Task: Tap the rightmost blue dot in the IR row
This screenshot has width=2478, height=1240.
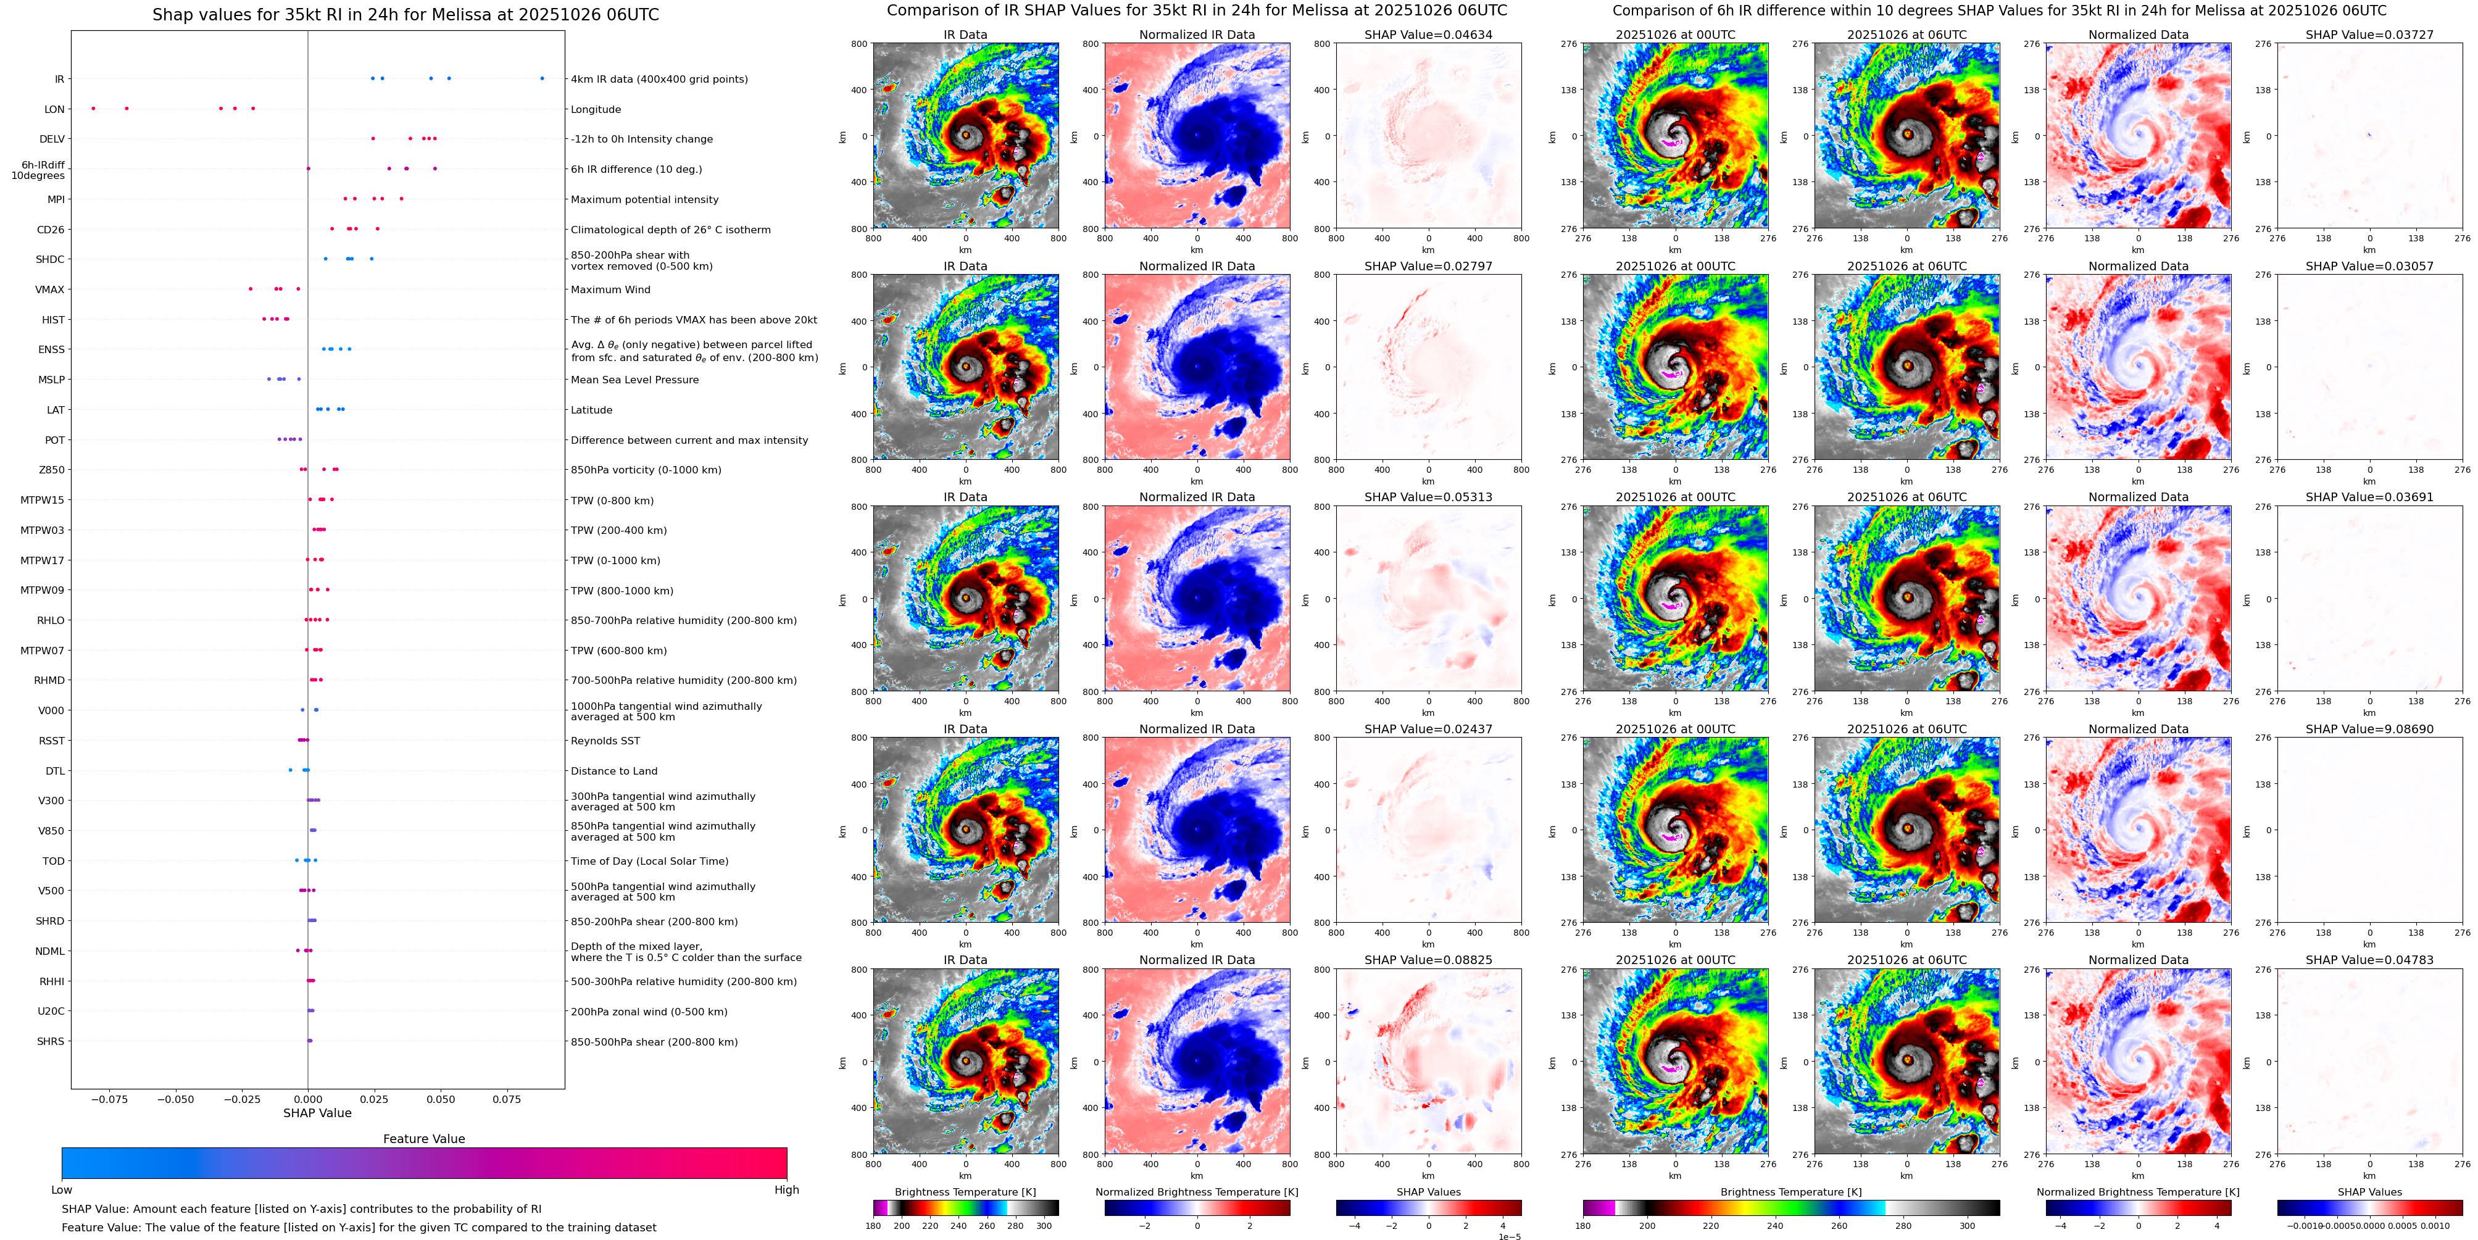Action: coord(542,78)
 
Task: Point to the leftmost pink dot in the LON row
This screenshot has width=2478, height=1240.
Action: coord(93,109)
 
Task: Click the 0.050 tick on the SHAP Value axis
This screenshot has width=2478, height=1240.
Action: coord(441,1099)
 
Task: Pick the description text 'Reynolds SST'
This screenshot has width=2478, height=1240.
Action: coord(605,741)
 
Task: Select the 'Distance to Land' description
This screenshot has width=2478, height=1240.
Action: coord(613,770)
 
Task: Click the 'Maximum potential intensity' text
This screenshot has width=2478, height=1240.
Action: coord(644,199)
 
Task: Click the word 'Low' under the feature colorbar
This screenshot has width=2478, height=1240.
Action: coord(62,1190)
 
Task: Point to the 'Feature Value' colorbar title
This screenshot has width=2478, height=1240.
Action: coord(423,1139)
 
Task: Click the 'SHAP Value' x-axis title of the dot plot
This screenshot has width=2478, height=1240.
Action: coord(317,1113)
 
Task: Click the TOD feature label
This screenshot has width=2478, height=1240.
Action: coord(53,861)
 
